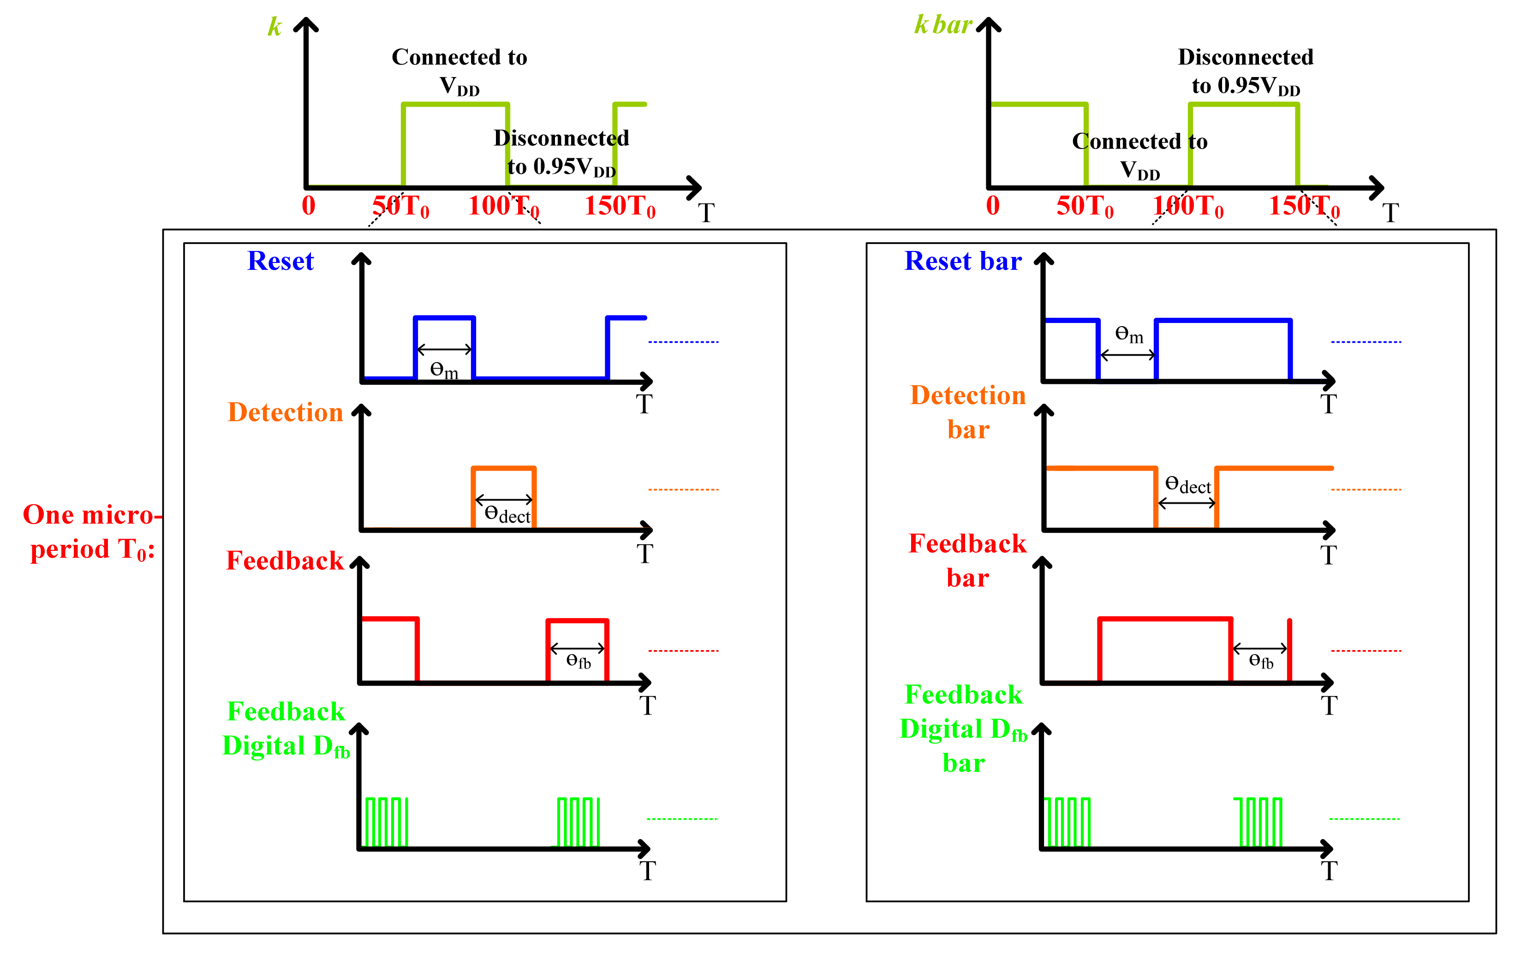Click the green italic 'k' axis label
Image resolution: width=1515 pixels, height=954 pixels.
[x=275, y=26]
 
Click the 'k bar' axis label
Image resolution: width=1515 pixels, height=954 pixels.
[x=942, y=25]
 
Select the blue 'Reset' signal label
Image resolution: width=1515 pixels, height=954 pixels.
[x=280, y=261]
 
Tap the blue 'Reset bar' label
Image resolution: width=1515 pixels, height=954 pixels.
[x=963, y=261]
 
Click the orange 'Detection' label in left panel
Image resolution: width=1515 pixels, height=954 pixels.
[x=285, y=412]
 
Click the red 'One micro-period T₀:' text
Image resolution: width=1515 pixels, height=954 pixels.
[x=90, y=532]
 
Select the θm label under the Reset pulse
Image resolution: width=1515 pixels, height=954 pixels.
[x=443, y=370]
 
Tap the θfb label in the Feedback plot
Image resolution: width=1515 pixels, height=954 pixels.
[x=578, y=661]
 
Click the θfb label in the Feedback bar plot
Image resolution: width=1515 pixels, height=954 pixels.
[x=1261, y=661]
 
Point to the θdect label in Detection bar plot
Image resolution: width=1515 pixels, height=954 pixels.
[x=1188, y=484]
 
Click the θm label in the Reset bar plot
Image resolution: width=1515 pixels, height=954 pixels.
[x=1129, y=334]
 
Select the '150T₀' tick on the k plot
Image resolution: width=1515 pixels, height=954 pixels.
[x=620, y=206]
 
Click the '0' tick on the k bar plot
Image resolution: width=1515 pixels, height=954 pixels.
[x=993, y=206]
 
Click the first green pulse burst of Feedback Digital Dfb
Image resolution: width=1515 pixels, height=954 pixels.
[x=386, y=822]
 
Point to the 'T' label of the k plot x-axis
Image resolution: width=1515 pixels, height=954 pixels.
[x=706, y=213]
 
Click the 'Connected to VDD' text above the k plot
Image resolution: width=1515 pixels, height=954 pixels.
[x=459, y=71]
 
